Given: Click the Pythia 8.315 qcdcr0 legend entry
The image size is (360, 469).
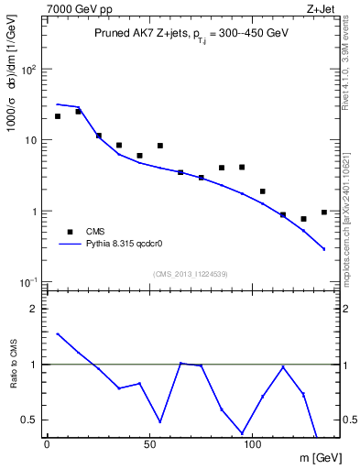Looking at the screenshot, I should (123, 245).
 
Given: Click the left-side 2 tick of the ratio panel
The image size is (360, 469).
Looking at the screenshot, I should (35, 309).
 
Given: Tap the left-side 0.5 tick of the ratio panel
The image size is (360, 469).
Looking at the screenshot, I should (31, 420).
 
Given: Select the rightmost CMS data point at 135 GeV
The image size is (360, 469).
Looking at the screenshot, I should (323, 212).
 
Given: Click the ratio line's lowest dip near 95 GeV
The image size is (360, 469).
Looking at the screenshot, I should (242, 432).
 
